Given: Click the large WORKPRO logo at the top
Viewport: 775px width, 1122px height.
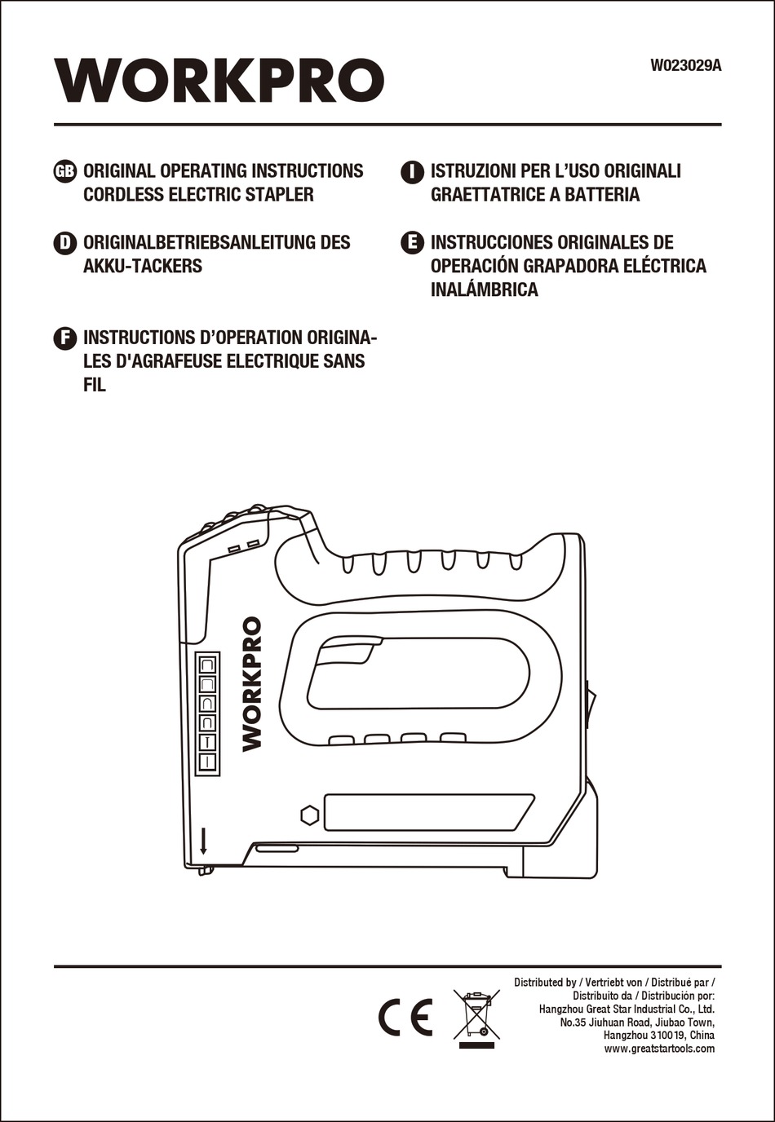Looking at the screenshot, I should tap(219, 81).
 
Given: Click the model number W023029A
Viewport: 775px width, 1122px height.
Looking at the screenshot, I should tap(685, 66).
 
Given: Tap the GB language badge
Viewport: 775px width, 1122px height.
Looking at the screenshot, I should tap(64, 171).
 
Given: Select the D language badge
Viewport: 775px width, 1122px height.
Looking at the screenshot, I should tap(64, 242).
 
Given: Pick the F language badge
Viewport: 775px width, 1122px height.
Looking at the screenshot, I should tap(64, 338).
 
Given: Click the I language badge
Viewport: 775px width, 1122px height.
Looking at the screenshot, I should tap(413, 171).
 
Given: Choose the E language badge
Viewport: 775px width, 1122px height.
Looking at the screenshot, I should tap(413, 242).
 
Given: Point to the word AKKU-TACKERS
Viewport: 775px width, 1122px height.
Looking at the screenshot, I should tap(143, 266).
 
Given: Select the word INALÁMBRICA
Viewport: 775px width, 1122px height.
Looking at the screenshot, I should tap(484, 289).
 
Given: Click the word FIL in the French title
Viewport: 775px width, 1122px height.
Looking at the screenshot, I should tap(95, 386).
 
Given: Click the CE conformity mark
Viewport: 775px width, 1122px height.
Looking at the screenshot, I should tap(405, 1017).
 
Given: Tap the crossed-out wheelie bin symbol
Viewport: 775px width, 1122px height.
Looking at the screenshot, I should tap(476, 1016).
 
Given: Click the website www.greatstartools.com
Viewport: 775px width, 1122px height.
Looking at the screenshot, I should tap(658, 1049).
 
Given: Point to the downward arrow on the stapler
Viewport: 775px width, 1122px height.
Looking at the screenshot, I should tap(203, 841).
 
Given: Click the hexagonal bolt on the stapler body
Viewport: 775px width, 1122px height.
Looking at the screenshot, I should tap(309, 815).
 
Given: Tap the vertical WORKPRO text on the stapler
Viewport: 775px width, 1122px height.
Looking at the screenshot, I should tap(252, 683).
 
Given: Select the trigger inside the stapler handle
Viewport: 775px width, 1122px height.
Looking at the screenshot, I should tap(348, 652).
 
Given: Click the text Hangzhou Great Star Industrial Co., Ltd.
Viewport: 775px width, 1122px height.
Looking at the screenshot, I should tap(626, 1009).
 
